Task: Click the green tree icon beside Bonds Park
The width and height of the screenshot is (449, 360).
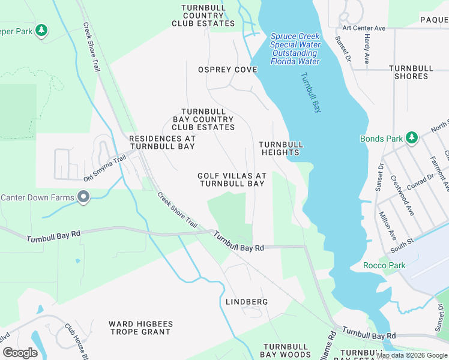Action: [412, 138]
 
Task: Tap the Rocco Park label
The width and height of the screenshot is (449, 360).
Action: [384, 265]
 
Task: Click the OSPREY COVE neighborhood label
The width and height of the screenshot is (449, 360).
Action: [228, 70]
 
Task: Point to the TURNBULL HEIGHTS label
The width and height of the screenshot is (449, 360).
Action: [280, 148]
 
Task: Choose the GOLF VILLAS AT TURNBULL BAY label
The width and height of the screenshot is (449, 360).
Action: [231, 179]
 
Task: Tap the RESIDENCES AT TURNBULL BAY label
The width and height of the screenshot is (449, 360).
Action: [162, 142]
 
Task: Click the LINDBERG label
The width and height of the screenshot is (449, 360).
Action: [246, 301]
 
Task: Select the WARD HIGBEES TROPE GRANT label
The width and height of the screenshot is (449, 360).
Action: [140, 328]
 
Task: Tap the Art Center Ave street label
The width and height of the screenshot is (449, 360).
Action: [364, 28]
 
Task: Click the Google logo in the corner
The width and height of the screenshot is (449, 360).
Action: [20, 352]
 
